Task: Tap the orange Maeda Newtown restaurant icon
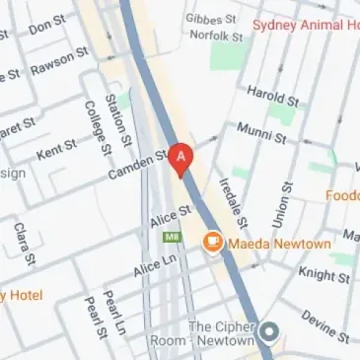tap(211, 242)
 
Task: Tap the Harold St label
tap(272, 96)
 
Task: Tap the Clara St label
tap(24, 244)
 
